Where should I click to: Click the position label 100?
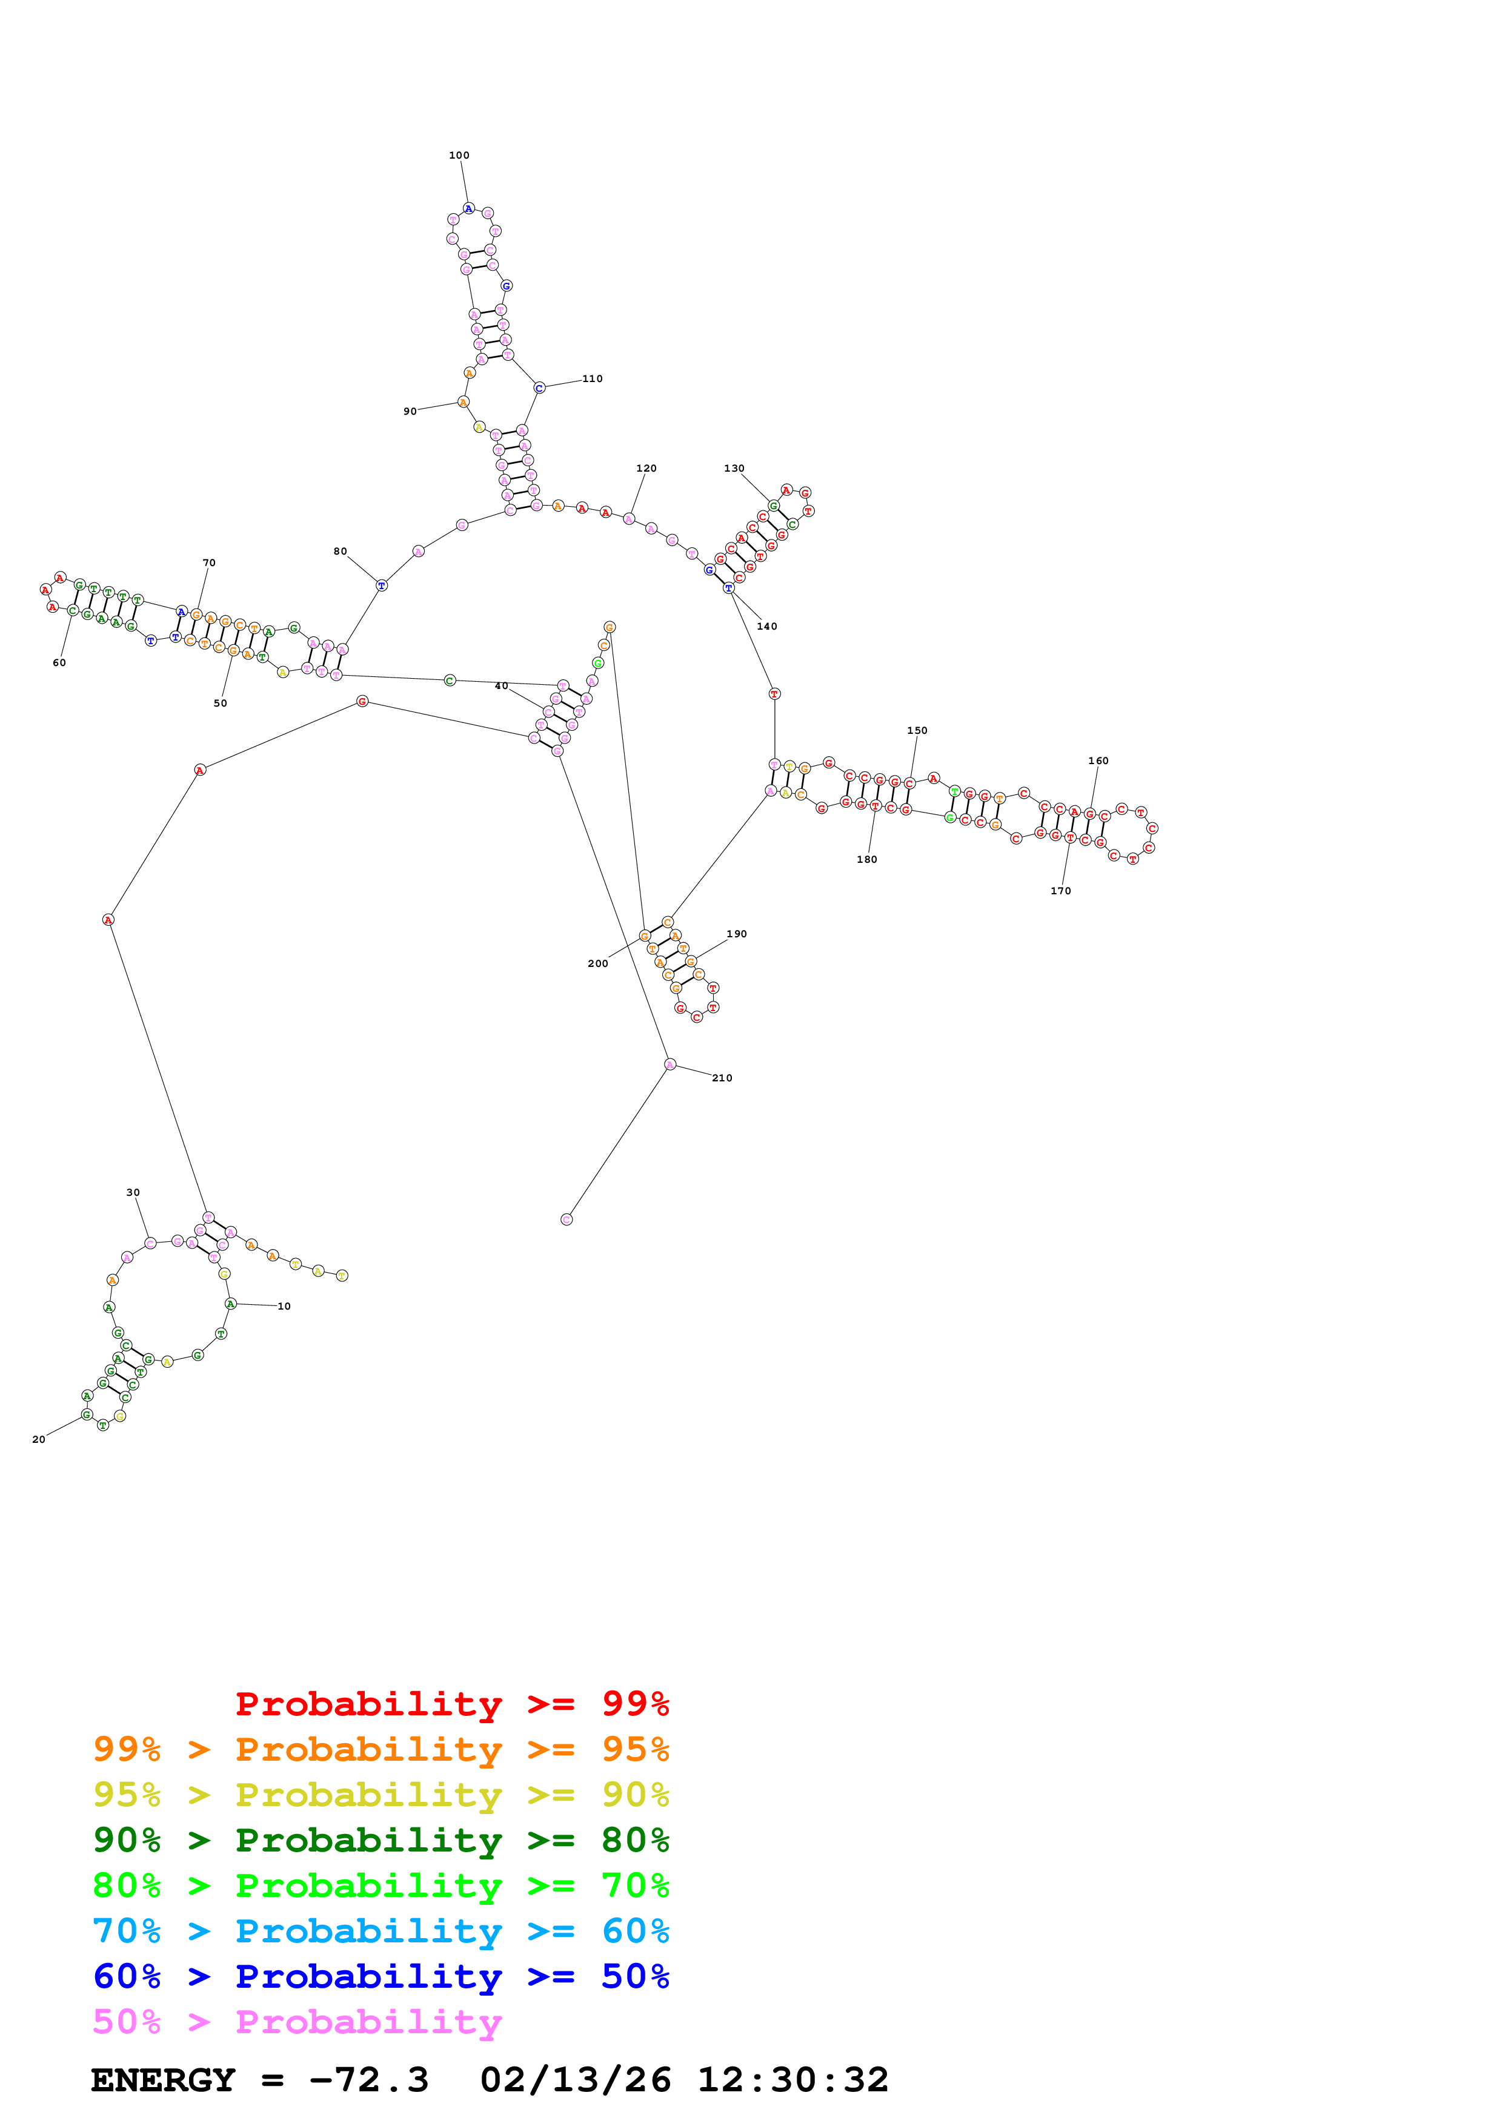[459, 156]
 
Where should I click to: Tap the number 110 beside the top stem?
[593, 378]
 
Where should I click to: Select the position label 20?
[39, 1439]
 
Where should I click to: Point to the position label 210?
[722, 1078]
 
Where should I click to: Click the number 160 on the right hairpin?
[1098, 760]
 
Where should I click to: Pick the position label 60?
[59, 662]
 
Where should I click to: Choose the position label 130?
[734, 468]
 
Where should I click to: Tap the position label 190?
[737, 934]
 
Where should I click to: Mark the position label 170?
[1060, 891]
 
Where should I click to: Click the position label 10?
[284, 1306]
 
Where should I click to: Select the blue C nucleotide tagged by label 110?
[539, 388]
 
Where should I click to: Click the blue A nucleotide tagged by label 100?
[469, 209]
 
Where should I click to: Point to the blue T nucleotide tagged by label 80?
[381, 585]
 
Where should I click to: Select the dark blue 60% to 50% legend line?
[380, 1976]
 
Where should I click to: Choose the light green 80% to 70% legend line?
[380, 1885]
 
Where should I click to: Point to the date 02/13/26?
[575, 2080]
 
